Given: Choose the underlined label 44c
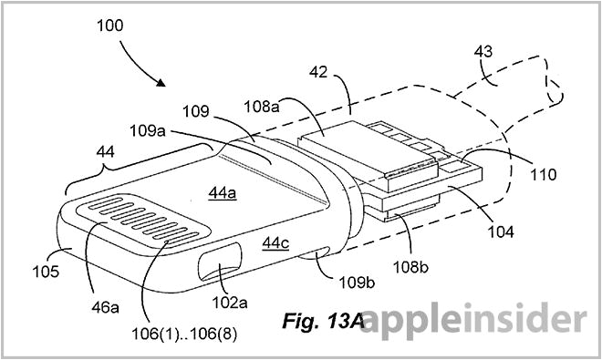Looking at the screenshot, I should point(275,242).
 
